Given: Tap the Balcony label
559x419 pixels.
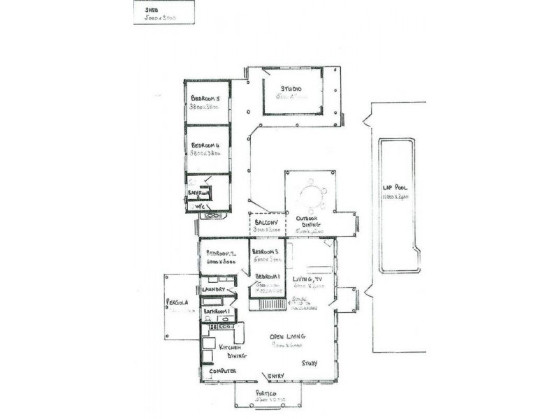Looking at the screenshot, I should point(268,223).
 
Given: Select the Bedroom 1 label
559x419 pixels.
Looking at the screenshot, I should point(268,277).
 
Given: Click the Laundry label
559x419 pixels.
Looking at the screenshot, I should point(214,290).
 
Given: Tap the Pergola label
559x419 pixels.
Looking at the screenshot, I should point(178,303).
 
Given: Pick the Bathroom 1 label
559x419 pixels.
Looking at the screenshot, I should point(217,311).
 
